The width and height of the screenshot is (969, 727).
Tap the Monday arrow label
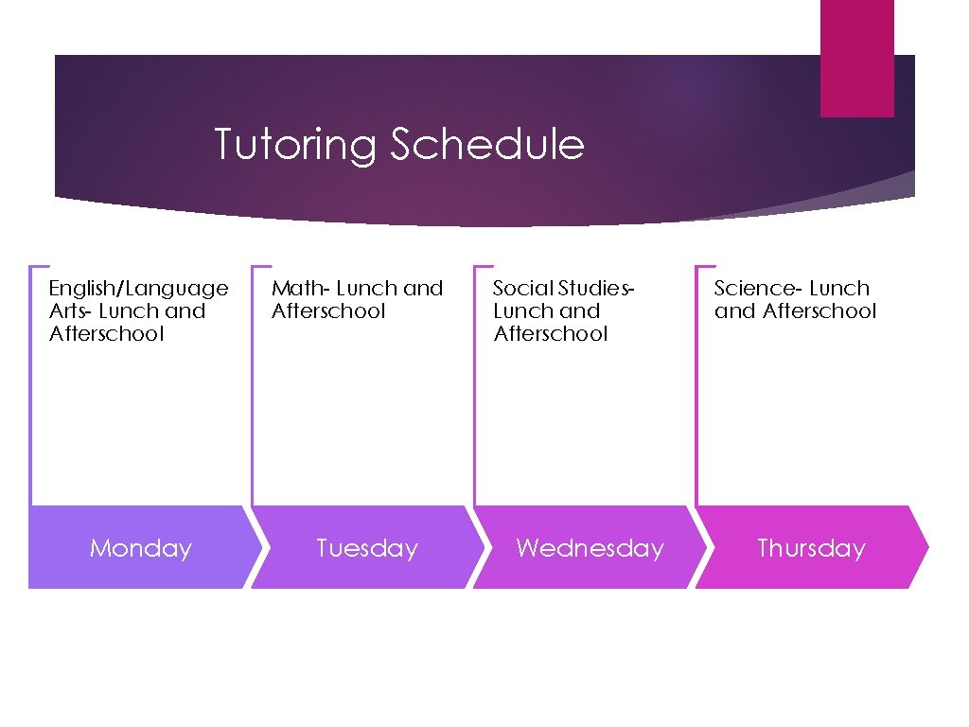point(140,548)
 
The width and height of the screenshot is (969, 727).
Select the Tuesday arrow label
point(366,548)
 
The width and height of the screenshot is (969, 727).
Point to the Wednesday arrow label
point(590,548)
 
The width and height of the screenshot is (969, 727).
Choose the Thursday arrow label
point(811,548)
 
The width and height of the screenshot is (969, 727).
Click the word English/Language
point(138,289)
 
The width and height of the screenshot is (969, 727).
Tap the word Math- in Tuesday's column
point(300,288)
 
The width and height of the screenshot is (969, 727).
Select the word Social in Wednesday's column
point(522,288)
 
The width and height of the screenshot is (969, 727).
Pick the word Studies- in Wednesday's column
point(595,288)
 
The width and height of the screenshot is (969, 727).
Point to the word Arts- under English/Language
point(70,310)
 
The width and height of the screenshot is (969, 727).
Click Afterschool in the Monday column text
point(106,333)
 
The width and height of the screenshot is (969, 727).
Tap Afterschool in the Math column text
point(328,310)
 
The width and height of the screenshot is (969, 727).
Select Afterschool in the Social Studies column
point(550,333)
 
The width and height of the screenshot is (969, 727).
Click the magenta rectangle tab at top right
point(856,57)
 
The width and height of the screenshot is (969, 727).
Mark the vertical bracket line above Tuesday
point(253,388)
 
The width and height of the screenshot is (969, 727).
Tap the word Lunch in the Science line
point(838,288)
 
